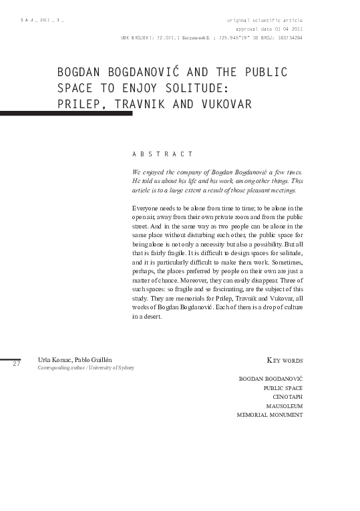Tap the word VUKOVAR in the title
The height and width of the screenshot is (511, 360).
(224, 104)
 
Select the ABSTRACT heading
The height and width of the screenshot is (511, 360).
(163, 154)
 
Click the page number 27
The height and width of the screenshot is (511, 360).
(17, 364)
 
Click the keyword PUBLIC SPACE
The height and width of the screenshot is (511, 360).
(283, 387)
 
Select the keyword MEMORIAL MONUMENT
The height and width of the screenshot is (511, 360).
(270, 414)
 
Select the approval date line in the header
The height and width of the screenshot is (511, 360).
(269, 29)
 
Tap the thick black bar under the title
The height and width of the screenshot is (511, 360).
(66, 114)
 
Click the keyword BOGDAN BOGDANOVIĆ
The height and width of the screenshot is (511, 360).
(271, 378)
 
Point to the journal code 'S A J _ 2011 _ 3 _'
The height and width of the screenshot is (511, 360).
(42, 21)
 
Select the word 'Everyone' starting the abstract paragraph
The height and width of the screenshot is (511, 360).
(145, 208)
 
